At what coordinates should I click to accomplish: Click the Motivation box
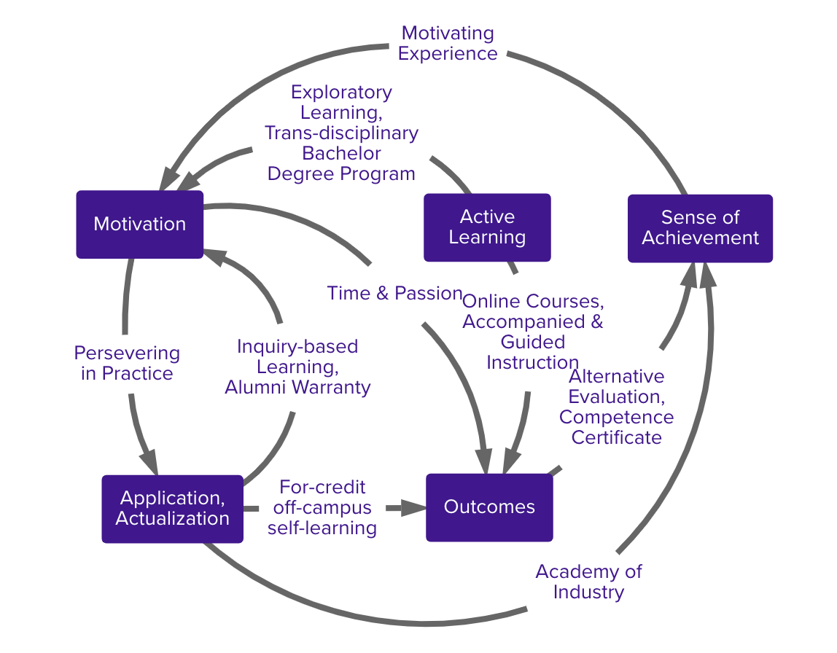click(x=139, y=224)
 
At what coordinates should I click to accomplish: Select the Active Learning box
click(x=487, y=227)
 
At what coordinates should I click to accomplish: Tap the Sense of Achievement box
click(x=700, y=228)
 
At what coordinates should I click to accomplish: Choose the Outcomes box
click(x=489, y=507)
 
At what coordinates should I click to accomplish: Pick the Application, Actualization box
click(x=172, y=509)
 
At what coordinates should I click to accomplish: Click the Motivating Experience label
click(x=448, y=43)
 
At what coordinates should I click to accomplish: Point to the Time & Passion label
click(x=394, y=293)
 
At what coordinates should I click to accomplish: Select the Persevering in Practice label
click(x=127, y=363)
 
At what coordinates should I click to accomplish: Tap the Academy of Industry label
click(x=588, y=581)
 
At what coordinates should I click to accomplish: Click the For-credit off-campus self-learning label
click(x=322, y=507)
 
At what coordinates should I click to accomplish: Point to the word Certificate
click(x=616, y=437)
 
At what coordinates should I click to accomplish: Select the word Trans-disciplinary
click(x=341, y=133)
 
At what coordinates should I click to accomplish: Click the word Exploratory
click(x=341, y=93)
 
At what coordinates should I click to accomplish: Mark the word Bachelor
click(x=341, y=154)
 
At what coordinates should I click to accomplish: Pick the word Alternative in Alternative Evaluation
click(x=616, y=376)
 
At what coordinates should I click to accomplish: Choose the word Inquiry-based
click(x=297, y=346)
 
